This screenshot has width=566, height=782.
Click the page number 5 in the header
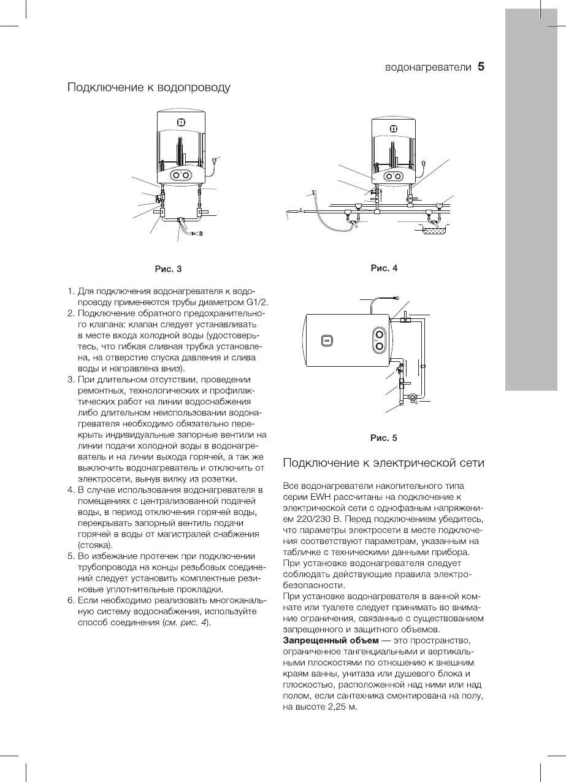pos(481,67)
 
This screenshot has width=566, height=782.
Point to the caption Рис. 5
pos(384,438)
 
